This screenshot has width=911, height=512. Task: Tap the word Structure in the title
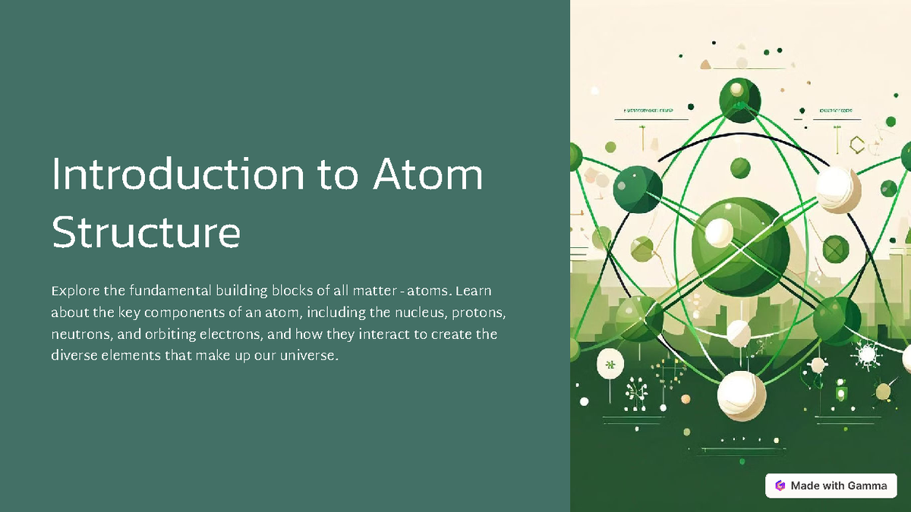(x=146, y=234)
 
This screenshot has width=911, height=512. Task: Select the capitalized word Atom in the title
(x=427, y=175)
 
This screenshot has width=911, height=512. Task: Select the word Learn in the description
(x=474, y=291)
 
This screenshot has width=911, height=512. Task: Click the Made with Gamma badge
(x=831, y=485)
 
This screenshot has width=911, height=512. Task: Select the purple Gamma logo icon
(x=780, y=485)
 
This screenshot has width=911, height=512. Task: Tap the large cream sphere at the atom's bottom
(x=742, y=394)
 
